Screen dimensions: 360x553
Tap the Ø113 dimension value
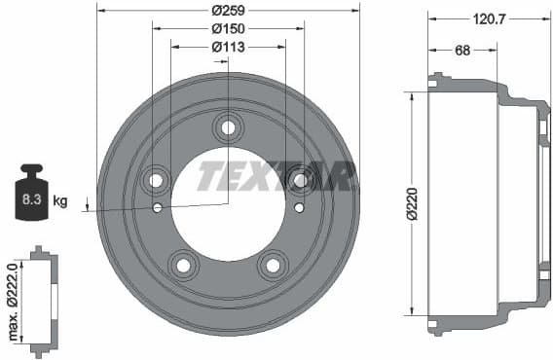(x=228, y=47)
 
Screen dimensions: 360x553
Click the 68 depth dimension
(x=462, y=50)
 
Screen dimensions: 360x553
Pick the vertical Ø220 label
(x=414, y=203)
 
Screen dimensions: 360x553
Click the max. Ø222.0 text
(x=13, y=302)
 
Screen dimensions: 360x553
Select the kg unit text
(x=60, y=202)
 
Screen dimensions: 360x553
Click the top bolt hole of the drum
(x=228, y=126)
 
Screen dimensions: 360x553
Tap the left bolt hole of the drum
(x=155, y=180)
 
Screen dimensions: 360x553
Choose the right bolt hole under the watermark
(x=301, y=180)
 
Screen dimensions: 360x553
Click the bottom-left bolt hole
(x=182, y=265)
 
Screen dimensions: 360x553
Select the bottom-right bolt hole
(x=273, y=265)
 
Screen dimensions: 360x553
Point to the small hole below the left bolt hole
(x=158, y=207)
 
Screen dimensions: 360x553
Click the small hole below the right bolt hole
(x=298, y=207)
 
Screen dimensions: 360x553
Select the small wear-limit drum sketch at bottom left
(x=40, y=302)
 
